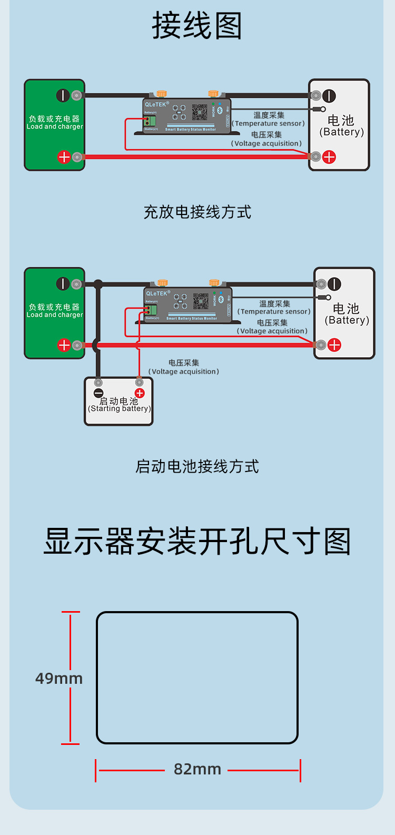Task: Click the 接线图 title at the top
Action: (197, 26)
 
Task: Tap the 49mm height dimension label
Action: (59, 678)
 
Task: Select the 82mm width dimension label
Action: (197, 769)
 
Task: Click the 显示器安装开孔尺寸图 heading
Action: (197, 542)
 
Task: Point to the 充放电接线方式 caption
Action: (197, 212)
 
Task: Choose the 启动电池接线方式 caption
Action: (197, 466)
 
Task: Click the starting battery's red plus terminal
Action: (140, 394)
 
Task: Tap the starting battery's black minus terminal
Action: (98, 394)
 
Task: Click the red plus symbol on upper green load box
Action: (64, 156)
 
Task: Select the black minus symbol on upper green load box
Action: (63, 95)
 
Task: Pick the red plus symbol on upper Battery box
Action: (329, 156)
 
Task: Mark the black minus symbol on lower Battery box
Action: (334, 284)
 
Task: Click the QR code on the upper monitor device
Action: (200, 112)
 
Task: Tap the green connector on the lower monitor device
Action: (151, 310)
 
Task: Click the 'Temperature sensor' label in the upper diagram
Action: (269, 123)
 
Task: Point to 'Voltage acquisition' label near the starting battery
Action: (184, 371)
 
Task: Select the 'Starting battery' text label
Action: (120, 408)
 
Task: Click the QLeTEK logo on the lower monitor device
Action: (157, 293)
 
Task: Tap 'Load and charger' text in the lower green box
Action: (55, 315)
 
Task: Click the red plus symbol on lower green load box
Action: (64, 345)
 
